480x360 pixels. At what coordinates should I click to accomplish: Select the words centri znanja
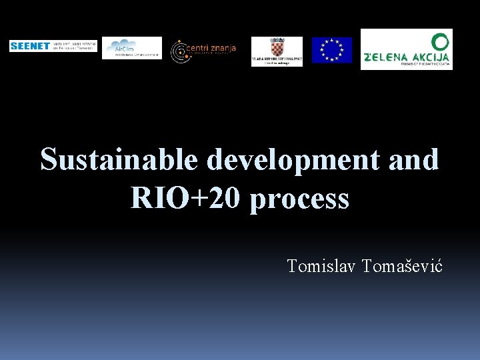click(x=212, y=48)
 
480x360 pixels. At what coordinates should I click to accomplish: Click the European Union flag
click(x=331, y=50)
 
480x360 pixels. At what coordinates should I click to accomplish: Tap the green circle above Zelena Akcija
click(x=439, y=41)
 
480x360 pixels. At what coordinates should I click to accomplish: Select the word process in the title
click(x=300, y=199)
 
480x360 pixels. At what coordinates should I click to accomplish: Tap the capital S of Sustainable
click(x=49, y=160)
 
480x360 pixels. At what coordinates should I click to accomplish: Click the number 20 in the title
click(x=226, y=198)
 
